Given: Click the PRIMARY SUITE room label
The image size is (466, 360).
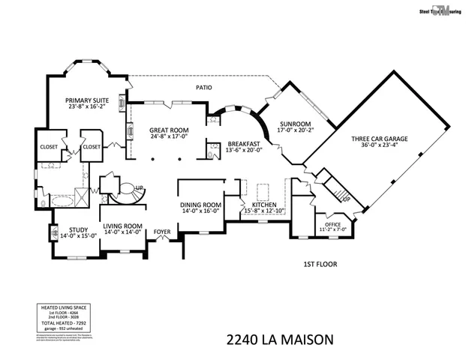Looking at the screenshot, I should click(86, 100).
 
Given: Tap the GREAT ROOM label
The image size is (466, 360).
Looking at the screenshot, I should click(168, 130).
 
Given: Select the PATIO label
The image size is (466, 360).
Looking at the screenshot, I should click(204, 88).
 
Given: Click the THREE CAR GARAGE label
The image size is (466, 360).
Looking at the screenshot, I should click(377, 138).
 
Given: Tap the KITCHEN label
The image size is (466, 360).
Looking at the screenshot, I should click(264, 205).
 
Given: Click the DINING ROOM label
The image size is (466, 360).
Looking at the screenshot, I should click(200, 205).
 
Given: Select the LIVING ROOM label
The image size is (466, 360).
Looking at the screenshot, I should click(123, 226).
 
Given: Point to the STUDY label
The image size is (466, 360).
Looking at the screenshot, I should click(78, 230).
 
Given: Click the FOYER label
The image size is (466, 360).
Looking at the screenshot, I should click(163, 231).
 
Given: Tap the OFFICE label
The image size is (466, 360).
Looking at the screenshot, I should click(332, 223).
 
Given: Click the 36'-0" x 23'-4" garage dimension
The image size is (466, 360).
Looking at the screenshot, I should click(377, 146).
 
